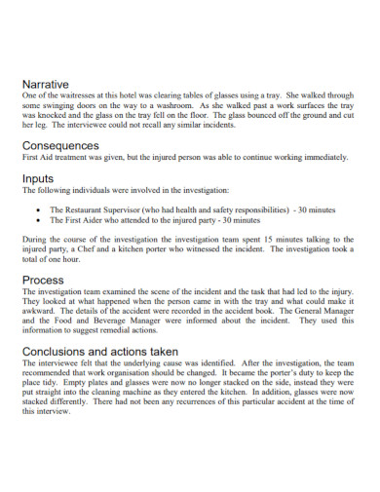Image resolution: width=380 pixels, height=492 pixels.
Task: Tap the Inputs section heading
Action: [40, 179]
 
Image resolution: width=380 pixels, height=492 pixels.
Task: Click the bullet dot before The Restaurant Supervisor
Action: [37, 209]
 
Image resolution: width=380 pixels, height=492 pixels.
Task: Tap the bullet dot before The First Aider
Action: [37, 221]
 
